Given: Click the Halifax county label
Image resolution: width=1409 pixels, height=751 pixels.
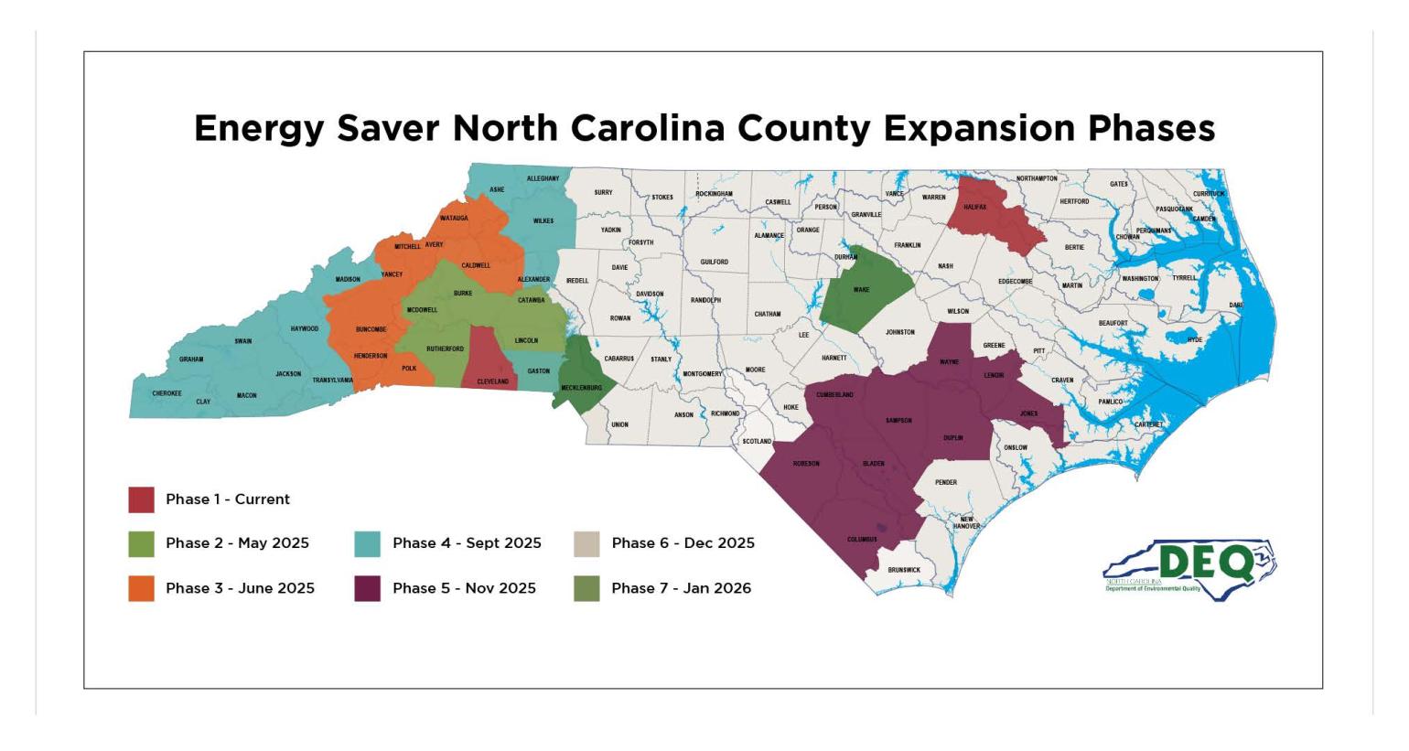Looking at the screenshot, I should [975, 207].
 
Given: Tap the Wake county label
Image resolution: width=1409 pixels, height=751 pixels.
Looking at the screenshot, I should [861, 290].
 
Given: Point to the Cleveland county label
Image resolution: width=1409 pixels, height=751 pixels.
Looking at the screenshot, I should [492, 381].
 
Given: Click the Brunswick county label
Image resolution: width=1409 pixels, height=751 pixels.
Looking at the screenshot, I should [904, 570].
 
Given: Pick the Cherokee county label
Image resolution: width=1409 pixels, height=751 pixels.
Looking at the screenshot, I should [167, 393].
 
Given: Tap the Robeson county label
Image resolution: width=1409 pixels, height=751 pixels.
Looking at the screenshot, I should [806, 464].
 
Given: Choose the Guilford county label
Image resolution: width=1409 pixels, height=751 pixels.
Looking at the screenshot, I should [714, 262].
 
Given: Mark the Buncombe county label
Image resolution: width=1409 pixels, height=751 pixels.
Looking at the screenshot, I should [371, 329].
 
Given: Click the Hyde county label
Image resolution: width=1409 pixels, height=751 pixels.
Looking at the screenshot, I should [1194, 339].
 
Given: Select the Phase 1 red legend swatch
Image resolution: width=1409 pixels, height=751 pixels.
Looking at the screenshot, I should [141, 499].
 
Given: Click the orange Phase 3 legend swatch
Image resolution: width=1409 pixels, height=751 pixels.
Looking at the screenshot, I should [141, 588].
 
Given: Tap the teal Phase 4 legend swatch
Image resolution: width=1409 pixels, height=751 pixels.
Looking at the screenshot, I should [367, 543].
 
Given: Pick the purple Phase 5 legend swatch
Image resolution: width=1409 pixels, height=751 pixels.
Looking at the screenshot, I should [367, 588].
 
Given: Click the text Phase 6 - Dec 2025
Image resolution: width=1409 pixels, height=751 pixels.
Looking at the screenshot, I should [683, 543].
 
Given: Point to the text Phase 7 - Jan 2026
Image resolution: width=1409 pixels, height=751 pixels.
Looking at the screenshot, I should [681, 588].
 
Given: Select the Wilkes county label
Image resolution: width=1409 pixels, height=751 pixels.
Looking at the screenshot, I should [543, 220].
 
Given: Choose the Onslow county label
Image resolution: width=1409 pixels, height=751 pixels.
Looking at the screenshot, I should [1016, 447].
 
